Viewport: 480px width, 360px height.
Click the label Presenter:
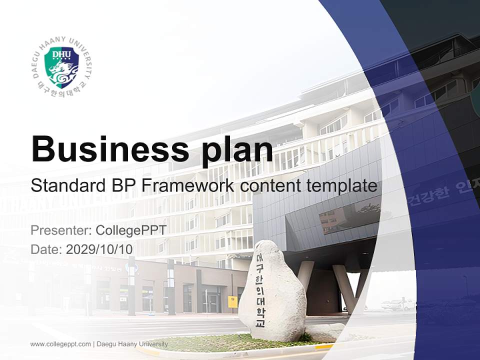(x=60, y=230)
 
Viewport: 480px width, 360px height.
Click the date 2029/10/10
(x=99, y=249)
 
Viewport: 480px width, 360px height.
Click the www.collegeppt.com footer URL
(x=60, y=344)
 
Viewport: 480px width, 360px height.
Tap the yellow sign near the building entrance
(x=232, y=301)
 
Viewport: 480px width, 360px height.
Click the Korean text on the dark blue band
(x=440, y=196)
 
